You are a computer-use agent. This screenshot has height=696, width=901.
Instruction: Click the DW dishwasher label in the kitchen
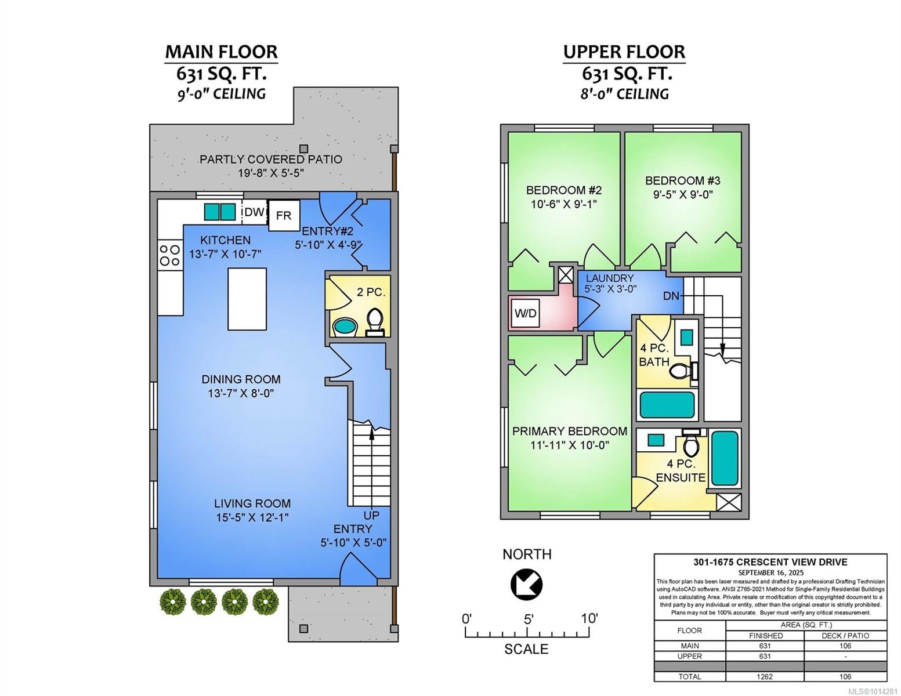point(254,212)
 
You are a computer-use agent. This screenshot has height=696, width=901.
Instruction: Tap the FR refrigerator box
point(284,215)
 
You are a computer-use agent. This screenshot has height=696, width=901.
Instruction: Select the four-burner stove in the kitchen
point(169,255)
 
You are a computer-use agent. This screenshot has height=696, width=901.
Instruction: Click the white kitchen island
point(247,299)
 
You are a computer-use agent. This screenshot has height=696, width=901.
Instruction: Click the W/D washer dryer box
point(525,313)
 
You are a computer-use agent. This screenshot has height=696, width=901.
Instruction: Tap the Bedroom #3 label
point(682,187)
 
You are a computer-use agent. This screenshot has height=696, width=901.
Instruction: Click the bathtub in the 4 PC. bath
point(667,405)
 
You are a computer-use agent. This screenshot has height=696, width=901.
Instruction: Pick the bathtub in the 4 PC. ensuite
point(725,458)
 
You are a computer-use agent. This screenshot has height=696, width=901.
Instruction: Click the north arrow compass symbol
point(526,584)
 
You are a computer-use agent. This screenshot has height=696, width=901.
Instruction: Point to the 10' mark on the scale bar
point(589,619)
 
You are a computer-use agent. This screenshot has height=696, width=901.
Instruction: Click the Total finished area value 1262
point(765,676)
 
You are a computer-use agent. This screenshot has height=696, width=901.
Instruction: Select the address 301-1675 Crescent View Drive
point(770,563)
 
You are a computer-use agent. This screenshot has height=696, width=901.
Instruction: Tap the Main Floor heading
point(222,52)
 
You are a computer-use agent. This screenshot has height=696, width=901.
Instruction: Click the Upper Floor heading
point(624,52)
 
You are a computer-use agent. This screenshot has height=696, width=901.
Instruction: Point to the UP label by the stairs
point(371,515)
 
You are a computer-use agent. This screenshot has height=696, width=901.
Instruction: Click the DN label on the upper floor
point(671,296)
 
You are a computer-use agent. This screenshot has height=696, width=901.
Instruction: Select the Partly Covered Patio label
point(271,159)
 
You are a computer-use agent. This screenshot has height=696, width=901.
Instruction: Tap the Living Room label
point(252,503)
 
